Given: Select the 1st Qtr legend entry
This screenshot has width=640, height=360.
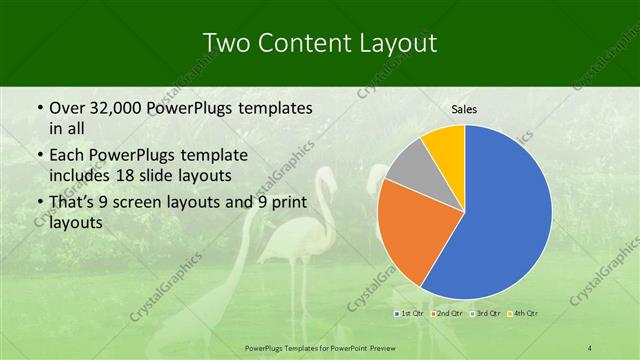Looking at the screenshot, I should pos(409,313).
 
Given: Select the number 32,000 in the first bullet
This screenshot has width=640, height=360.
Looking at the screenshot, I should pos(116,108).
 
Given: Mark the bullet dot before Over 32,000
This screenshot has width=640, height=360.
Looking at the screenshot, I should pos(38,108).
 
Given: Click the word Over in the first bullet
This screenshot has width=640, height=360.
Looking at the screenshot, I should pos(68,108).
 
